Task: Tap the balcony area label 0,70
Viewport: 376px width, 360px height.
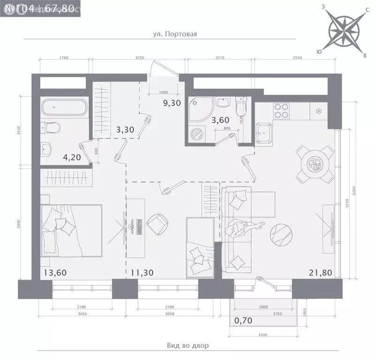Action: pos(244,321)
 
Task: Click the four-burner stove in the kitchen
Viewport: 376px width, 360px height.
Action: pos(281,111)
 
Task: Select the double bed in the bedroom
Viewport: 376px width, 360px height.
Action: pos(71,231)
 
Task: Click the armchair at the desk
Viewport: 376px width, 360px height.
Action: pos(158,224)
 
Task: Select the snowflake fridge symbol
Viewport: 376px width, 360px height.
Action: pos(318,111)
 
